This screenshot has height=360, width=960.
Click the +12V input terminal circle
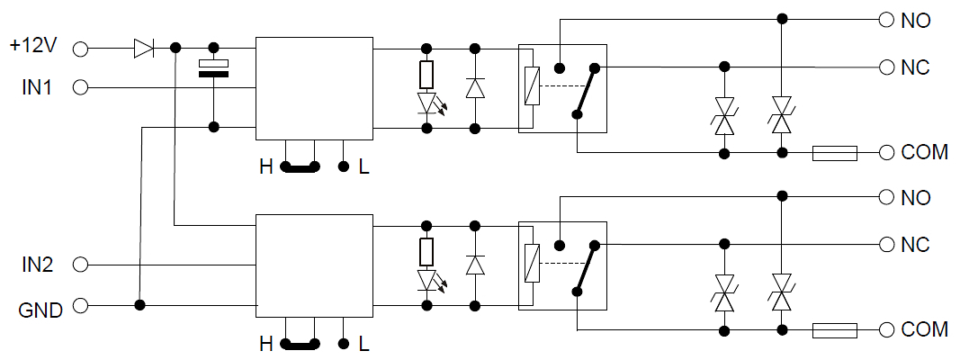[80, 49]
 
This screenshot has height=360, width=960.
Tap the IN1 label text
[37, 88]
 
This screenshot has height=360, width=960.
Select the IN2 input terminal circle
[80, 265]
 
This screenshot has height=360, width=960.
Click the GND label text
[41, 310]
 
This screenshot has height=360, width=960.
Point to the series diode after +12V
[144, 49]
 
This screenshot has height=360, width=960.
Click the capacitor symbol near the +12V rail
[213, 68]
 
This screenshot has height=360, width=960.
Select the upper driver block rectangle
[314, 89]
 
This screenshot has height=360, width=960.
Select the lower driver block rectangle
[314, 265]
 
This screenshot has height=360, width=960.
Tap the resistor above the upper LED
[426, 75]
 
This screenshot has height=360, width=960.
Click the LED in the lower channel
[426, 280]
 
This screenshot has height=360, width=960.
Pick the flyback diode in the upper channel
[475, 88]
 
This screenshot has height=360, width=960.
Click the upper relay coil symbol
[532, 85]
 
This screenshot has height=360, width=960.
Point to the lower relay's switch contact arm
[586, 267]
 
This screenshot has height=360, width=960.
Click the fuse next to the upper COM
[835, 153]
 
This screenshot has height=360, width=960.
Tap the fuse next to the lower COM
[835, 330]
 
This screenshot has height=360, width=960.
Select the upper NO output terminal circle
[886, 20]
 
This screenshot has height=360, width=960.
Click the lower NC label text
[915, 245]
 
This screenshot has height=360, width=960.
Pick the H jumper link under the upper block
[300, 166]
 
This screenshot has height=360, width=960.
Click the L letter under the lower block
[364, 345]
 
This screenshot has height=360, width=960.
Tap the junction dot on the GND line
[140, 304]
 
